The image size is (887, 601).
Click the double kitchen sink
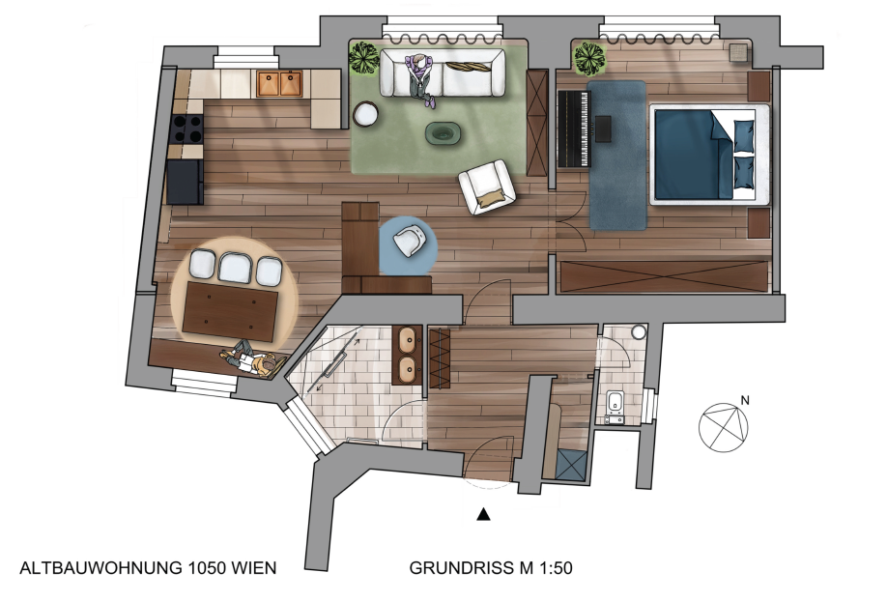[x=280, y=83]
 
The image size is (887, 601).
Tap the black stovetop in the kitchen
[x=187, y=129]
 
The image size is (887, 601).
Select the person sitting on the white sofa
[x=419, y=78]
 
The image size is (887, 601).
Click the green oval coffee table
[x=443, y=133]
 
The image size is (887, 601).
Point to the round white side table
[x=365, y=114]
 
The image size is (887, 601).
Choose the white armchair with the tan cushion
[x=486, y=186]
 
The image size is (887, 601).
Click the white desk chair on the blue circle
[x=409, y=240]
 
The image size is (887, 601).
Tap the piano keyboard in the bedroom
[x=574, y=129]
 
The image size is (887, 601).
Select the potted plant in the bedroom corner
[x=590, y=58]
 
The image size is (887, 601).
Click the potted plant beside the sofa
[x=363, y=57]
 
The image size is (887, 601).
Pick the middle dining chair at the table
[x=235, y=267]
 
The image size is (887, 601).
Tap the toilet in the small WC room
[x=615, y=407]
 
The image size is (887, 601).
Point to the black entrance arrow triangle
[x=483, y=514]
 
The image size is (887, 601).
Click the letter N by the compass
[x=745, y=400]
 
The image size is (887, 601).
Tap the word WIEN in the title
[x=254, y=567]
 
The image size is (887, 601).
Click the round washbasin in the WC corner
[x=640, y=331]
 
